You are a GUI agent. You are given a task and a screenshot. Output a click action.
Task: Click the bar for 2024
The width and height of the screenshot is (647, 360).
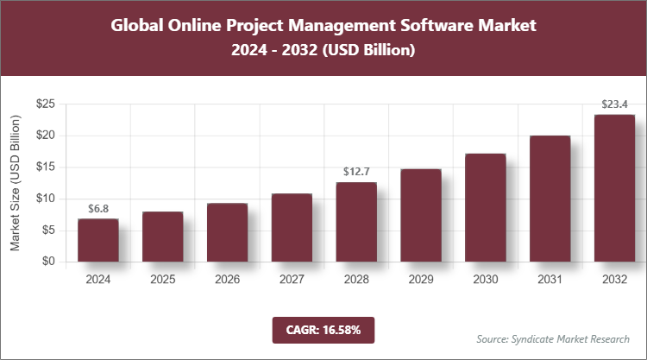coord(97,240)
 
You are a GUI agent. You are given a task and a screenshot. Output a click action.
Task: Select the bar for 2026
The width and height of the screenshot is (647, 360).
coord(227,232)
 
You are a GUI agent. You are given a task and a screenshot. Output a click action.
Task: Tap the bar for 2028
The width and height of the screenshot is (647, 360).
coord(356,222)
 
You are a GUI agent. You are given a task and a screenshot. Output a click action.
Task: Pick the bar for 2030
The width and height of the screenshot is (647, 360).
coord(486,207)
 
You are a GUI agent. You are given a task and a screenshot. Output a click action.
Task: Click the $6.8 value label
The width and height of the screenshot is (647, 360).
coord(98,208)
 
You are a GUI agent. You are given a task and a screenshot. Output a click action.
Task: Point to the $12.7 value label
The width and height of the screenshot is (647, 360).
coord(356,171)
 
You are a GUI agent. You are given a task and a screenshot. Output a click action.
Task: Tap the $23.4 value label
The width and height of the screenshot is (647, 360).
coord(615,104)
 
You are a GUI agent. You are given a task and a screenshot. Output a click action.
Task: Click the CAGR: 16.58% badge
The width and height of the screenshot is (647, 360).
coord(323,329)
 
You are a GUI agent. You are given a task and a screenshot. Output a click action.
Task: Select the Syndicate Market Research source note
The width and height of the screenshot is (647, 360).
coord(553,338)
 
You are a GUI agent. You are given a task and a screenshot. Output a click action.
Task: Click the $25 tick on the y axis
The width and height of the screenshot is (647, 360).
coord(46,104)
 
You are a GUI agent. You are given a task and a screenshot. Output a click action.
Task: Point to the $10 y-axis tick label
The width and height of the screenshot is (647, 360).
coord(46,199)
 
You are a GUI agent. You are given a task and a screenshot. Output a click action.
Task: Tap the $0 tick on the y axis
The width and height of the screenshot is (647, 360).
coord(49,262)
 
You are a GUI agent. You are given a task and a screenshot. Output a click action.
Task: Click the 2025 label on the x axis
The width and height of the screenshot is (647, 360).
coord(162,279)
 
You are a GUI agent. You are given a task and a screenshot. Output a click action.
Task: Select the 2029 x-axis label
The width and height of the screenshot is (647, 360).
coord(421,279)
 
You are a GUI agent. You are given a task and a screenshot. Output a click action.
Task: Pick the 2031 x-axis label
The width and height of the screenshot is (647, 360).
coord(550,279)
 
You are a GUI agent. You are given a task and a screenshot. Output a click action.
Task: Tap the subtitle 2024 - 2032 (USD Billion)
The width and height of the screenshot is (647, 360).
coord(323,51)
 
